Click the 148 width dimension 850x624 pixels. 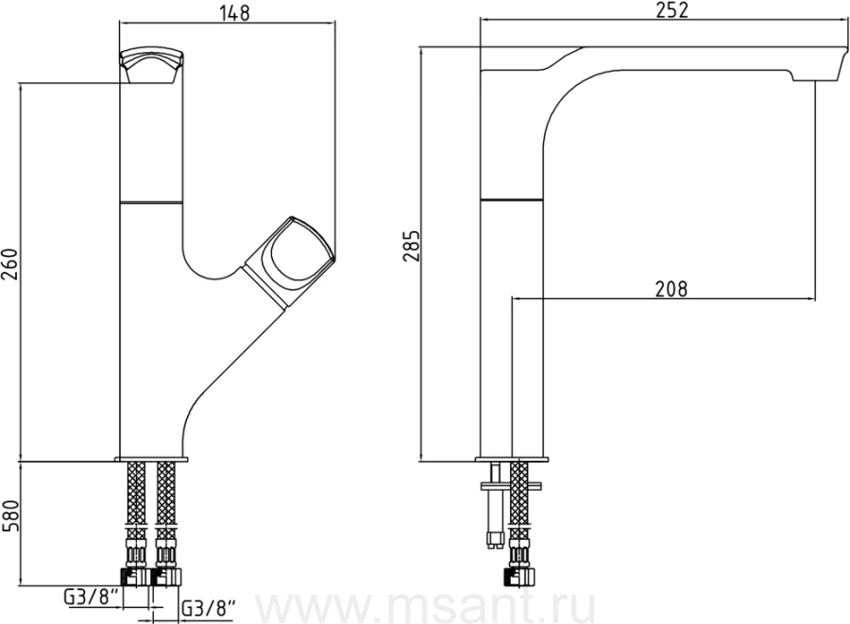tap(235, 13)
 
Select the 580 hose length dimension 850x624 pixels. tap(10, 515)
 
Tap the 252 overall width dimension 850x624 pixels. tap(672, 9)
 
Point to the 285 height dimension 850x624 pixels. tap(412, 246)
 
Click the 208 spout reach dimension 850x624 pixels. tap(671, 289)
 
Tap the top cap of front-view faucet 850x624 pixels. tap(152, 65)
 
